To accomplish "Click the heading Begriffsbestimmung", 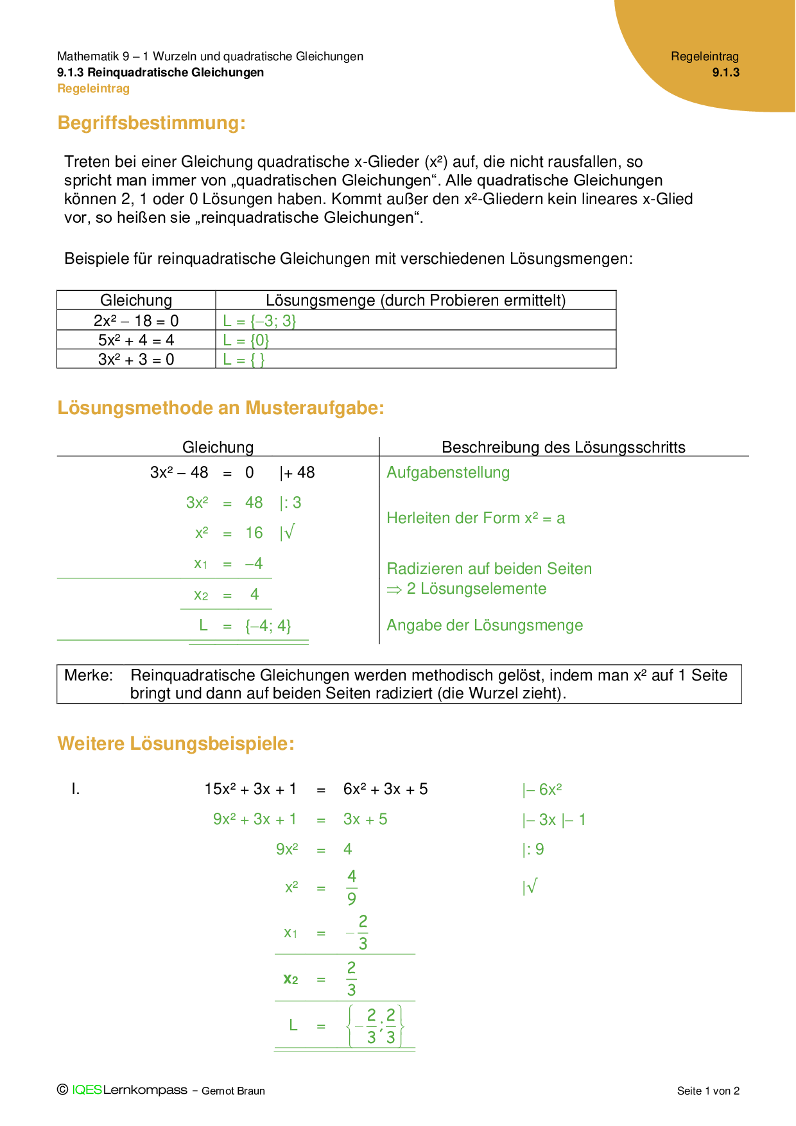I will coord(151,123).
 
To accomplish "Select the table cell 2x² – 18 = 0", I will coord(136,321).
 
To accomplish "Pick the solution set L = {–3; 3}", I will coord(259,321).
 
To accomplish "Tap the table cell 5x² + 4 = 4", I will coord(136,340).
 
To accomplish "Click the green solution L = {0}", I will coord(246,340).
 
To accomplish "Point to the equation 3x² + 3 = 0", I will coord(136,359).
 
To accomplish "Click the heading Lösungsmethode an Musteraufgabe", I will coord(221,408).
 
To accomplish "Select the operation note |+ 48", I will coord(297,473).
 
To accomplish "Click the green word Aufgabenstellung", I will coord(448,473).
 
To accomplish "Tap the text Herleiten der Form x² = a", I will coord(476,518).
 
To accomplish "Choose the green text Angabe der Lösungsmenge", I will coord(485,625).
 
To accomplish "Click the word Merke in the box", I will coord(88,675).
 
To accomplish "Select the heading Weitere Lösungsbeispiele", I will coord(176,743).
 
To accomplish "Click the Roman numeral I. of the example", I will coord(76,789).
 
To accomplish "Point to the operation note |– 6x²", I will coord(542,790).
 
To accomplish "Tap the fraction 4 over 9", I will coord(352,888).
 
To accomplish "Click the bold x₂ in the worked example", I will coord(291,980).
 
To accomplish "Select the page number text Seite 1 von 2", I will coord(708,1091).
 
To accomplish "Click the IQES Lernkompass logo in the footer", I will coord(129,1090).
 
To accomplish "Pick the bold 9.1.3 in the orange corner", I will coord(725,73).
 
